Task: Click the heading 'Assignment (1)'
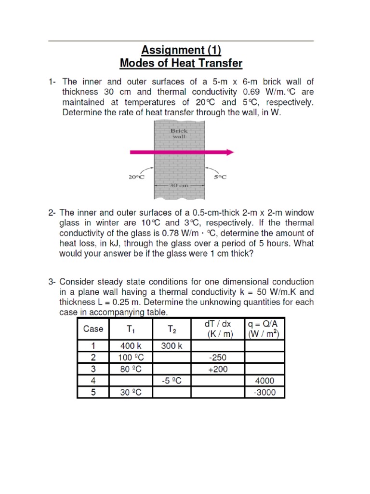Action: [x=181, y=50]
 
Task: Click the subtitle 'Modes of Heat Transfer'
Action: [x=181, y=63]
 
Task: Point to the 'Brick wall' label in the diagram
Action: [x=179, y=133]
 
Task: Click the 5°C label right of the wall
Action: [x=220, y=177]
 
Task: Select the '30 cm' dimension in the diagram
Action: [x=179, y=185]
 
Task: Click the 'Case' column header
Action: [x=93, y=329]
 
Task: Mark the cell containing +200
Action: [x=218, y=369]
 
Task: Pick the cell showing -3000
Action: [x=264, y=392]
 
